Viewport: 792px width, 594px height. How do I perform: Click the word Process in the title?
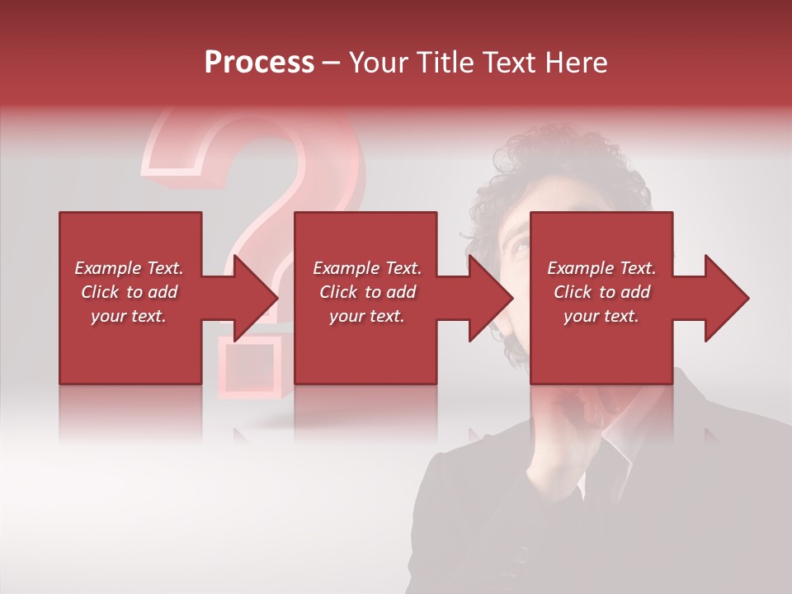[259, 63]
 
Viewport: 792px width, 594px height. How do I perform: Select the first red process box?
[130, 247]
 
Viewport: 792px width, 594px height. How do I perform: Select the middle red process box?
[365, 247]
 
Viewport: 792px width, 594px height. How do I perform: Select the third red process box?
[601, 247]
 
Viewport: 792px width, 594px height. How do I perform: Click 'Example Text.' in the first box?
[129, 268]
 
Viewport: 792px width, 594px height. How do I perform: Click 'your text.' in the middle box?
[366, 316]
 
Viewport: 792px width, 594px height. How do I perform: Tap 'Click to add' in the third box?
[601, 292]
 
